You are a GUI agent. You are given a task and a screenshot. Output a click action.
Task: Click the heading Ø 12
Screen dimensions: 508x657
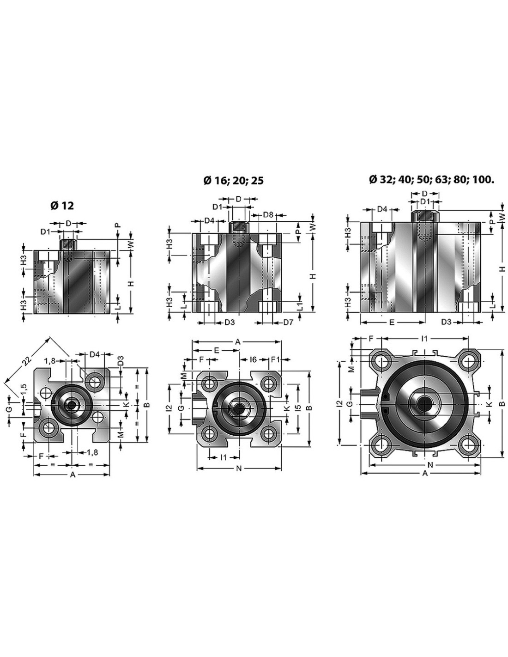pyautogui.click(x=62, y=206)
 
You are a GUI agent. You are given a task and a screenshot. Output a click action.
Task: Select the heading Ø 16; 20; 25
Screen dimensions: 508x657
pyautogui.click(x=233, y=181)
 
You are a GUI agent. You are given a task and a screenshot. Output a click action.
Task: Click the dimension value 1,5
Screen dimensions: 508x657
pyautogui.click(x=24, y=389)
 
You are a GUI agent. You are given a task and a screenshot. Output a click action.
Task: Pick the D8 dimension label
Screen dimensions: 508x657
pyautogui.click(x=268, y=215)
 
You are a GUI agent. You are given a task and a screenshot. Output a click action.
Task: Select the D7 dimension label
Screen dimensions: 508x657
pyautogui.click(x=288, y=322)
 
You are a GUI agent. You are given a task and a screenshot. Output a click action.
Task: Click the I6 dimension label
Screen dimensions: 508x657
pyautogui.click(x=253, y=359)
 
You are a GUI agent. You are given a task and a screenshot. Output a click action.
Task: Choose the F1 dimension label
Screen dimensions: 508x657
pyautogui.click(x=275, y=359)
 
